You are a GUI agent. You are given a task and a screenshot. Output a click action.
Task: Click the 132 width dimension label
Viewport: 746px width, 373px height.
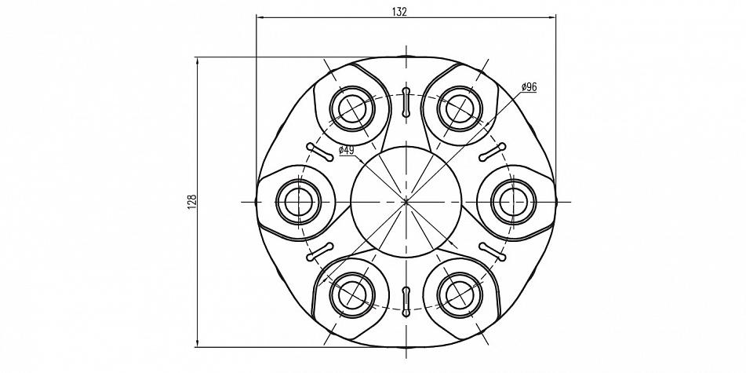point(399,12)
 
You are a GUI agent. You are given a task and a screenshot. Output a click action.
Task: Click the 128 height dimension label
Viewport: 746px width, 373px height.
point(191,203)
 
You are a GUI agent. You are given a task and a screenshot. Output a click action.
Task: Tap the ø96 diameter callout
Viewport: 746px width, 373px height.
point(529,86)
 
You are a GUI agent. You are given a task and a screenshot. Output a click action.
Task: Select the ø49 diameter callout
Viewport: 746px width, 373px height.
point(347,151)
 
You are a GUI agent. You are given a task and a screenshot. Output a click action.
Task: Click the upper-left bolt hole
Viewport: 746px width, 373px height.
point(352,108)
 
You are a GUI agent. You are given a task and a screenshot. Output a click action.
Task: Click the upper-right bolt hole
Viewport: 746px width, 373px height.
point(460,108)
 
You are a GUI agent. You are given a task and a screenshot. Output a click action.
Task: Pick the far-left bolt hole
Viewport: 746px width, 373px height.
point(299,202)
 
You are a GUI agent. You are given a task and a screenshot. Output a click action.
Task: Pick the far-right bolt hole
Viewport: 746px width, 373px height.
point(513,202)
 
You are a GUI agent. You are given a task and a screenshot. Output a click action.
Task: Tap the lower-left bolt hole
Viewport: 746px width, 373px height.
point(352,295)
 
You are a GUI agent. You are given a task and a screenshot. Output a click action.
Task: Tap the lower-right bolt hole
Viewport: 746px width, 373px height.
point(460,295)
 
